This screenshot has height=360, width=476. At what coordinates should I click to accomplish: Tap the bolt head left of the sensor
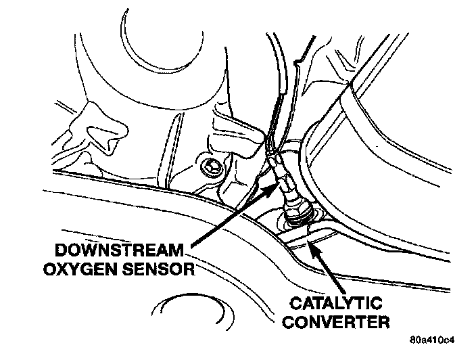point(210,163)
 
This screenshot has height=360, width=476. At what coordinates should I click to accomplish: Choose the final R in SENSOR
point(193,269)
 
